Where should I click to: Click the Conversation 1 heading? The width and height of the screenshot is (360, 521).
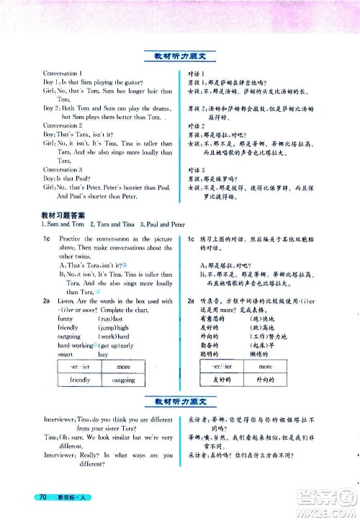pos(63,74)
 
